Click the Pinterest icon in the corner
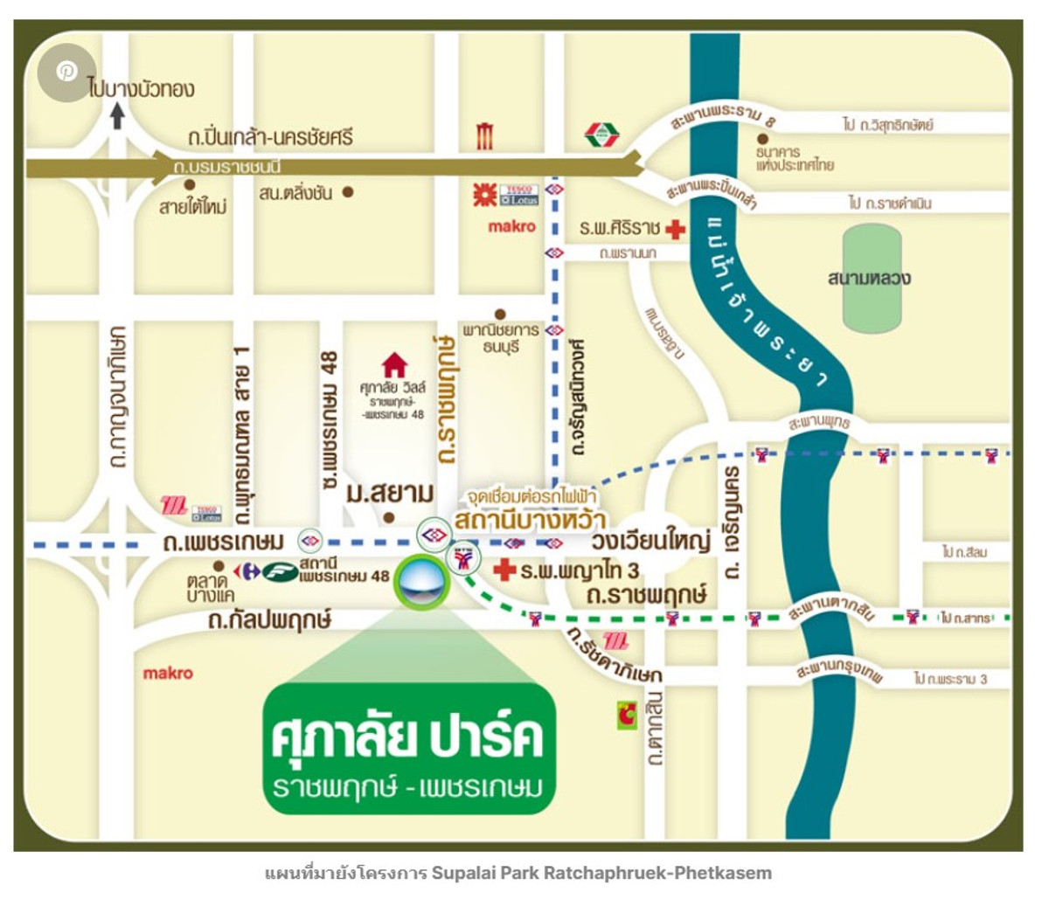point(66,73)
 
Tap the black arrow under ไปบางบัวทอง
point(118,115)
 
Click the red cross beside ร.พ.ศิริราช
point(675,229)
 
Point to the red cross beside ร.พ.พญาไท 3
point(504,571)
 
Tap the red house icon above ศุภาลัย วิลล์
point(395,363)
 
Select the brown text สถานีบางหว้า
point(530,521)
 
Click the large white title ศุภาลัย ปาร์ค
point(407,736)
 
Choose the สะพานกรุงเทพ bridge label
point(839,673)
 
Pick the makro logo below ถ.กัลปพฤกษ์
point(168,673)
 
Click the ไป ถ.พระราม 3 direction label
point(950,679)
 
